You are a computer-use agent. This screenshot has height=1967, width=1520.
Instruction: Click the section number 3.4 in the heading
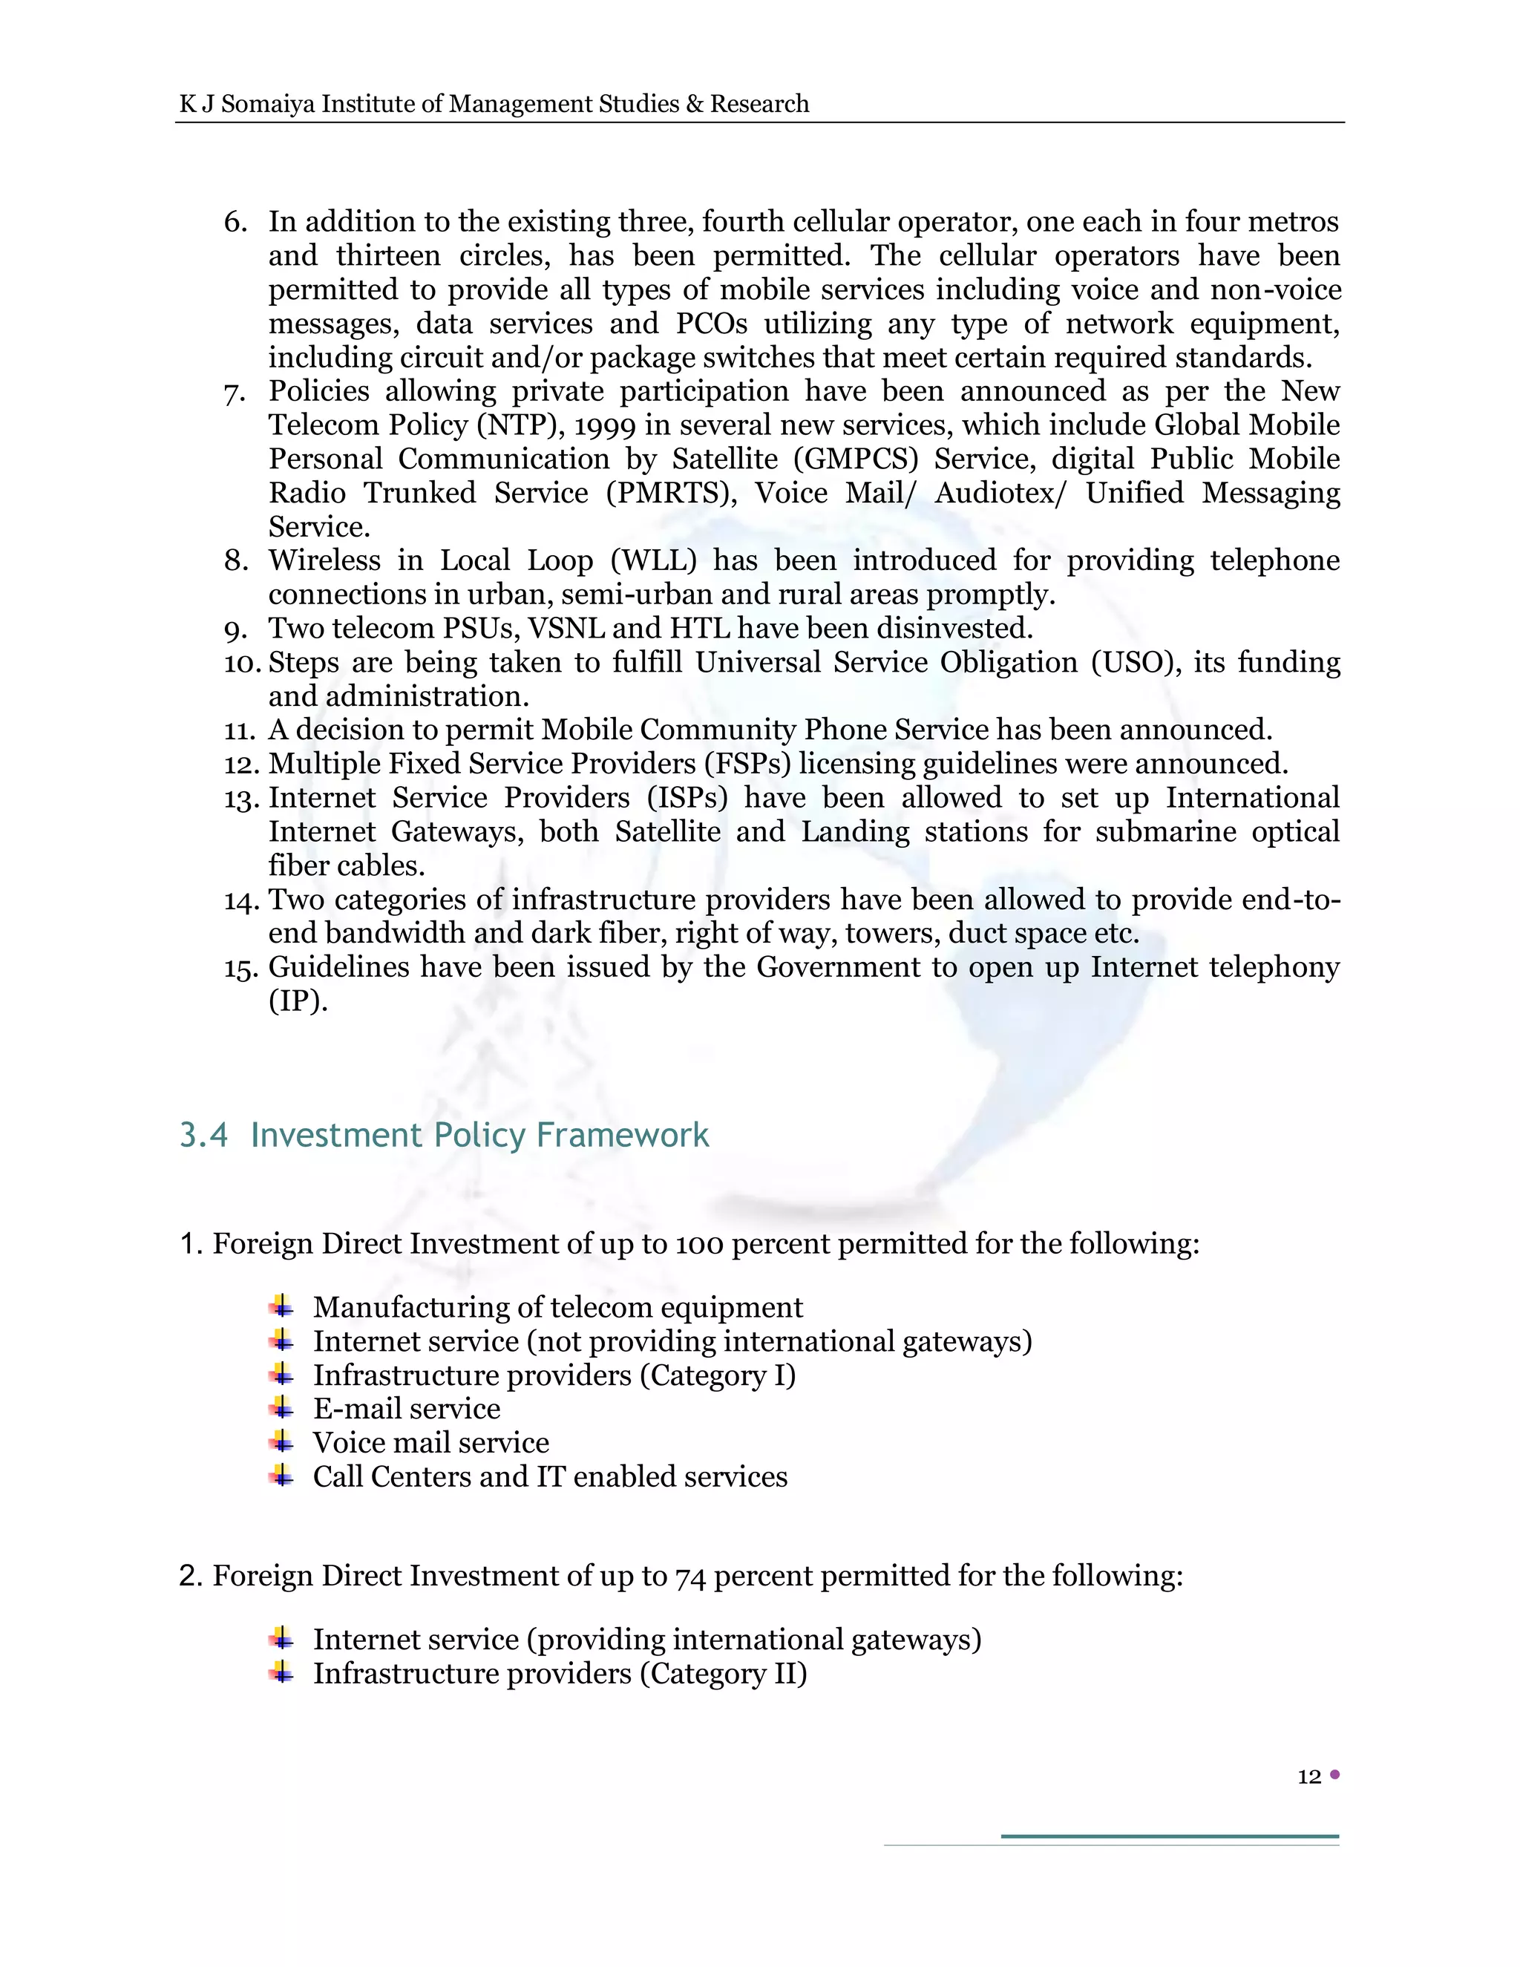(x=203, y=1135)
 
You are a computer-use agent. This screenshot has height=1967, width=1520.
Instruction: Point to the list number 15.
(x=241, y=968)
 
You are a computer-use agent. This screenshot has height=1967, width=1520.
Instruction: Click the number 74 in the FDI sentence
(x=689, y=1577)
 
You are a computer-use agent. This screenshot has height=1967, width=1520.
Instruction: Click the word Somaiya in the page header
(x=267, y=105)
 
